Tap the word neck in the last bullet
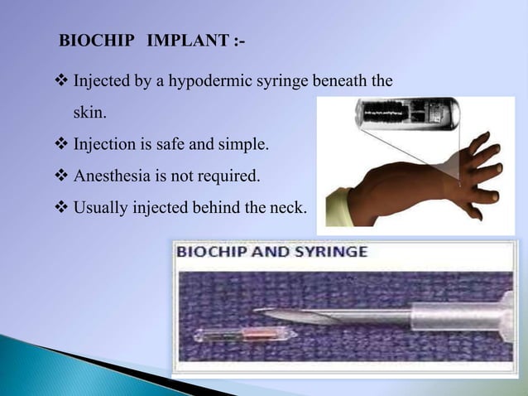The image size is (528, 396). click(x=288, y=206)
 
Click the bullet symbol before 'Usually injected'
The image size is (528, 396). click(x=62, y=206)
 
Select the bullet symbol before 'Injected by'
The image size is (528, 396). click(x=62, y=83)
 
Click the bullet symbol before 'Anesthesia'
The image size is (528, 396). click(x=62, y=176)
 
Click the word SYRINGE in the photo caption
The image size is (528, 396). click(x=329, y=252)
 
